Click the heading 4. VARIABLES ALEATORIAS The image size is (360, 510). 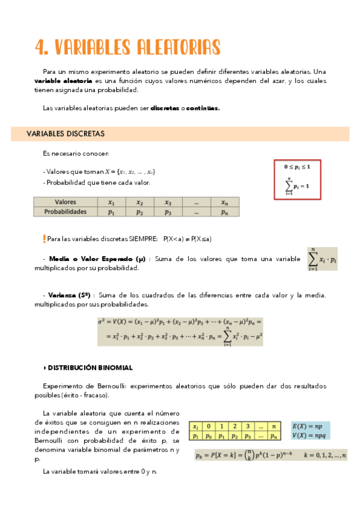tap(127, 46)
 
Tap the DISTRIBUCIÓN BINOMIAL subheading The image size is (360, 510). tap(90, 367)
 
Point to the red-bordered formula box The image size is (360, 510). tap(297, 179)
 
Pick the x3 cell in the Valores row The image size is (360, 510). tap(168, 203)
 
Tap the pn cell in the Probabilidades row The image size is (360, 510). tap(224, 212)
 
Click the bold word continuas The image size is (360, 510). tap(203, 109)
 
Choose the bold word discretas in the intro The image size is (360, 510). tap(165, 109)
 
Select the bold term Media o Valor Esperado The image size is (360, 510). tap(97, 259)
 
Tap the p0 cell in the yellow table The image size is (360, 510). tap(209, 435)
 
